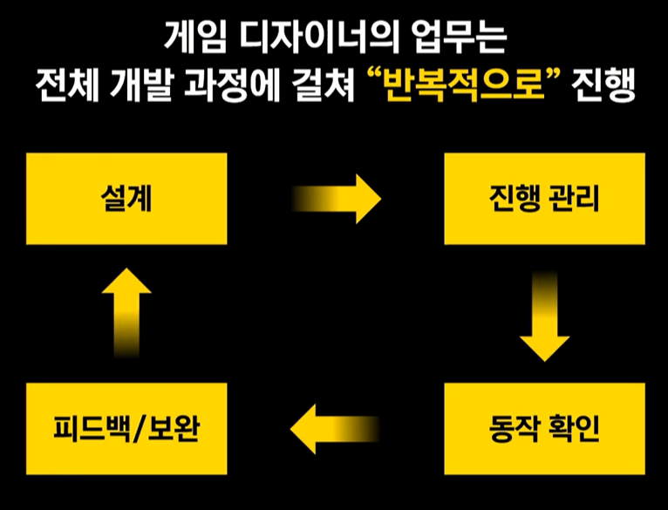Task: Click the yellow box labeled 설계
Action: click(x=127, y=199)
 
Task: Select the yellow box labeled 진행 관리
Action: click(x=544, y=199)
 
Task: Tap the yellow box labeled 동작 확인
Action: click(x=544, y=427)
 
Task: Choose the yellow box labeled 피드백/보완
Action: click(x=127, y=427)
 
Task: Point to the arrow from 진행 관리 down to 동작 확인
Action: click(x=544, y=318)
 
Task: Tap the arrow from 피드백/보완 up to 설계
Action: click(x=127, y=314)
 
